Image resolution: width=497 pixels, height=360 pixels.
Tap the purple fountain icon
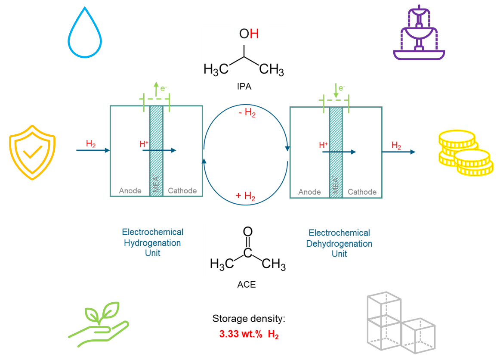419,34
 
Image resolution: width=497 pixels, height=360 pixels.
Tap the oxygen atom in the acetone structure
248,232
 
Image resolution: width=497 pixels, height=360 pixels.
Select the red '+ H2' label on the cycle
245,196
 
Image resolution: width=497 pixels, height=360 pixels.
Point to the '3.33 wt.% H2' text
249,334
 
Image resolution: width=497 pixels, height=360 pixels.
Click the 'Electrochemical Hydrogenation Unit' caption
152,242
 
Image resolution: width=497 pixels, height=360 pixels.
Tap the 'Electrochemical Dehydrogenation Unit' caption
339,243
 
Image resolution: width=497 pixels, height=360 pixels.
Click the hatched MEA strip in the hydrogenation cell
156,151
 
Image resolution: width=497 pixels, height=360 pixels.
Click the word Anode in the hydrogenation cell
130,191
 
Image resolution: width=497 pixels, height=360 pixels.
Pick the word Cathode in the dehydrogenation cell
362,192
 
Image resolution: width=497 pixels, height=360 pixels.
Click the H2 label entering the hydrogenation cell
91,144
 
